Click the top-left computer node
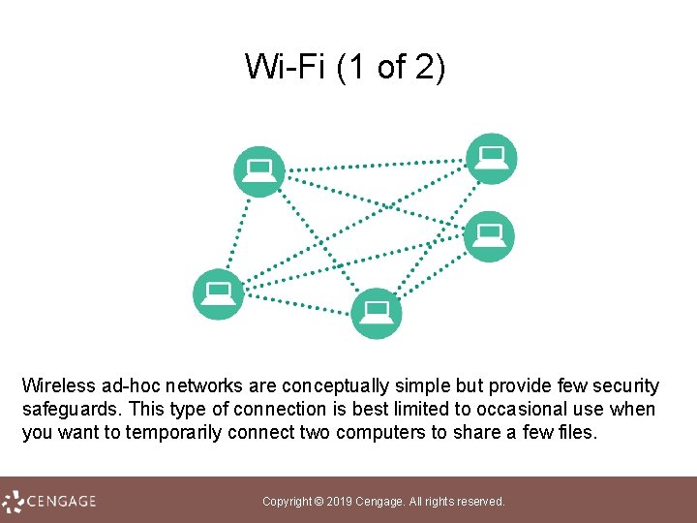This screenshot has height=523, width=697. [x=259, y=171]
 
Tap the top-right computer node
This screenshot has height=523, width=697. [x=492, y=158]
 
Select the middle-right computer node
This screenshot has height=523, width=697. [x=490, y=235]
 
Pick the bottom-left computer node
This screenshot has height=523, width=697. [x=219, y=293]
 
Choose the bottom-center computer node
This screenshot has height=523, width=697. [x=376, y=313]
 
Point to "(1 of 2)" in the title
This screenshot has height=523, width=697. [x=392, y=68]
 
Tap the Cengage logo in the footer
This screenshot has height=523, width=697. [x=50, y=501]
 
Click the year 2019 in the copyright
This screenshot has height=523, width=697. [x=341, y=502]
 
